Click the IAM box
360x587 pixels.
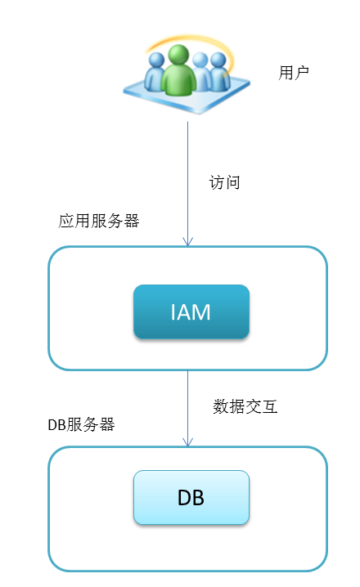coord(191,311)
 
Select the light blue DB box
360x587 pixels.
coord(191,497)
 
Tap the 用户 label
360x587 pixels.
coord(294,72)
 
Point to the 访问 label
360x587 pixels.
coord(224,182)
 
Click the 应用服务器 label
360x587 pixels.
coord(99,221)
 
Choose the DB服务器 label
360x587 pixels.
coord(81,424)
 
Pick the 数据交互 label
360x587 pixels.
coord(245,406)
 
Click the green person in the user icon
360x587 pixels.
coord(178,70)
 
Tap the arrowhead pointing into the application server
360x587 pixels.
coord(187,241)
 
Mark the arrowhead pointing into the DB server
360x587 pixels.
coord(187,441)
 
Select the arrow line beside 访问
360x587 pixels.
coord(187,183)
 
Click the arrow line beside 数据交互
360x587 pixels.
coord(187,409)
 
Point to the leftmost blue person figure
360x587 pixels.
coord(155,72)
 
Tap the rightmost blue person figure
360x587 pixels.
coord(220,72)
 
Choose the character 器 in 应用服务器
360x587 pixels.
coord(132,221)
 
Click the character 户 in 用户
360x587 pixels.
coord(302,72)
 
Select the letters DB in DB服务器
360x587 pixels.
coord(57,425)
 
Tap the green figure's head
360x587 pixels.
coord(178,54)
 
